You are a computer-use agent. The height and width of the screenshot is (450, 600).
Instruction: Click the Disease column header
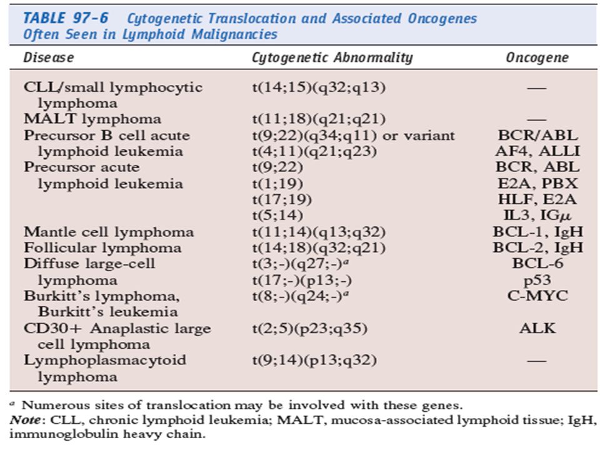[49, 57]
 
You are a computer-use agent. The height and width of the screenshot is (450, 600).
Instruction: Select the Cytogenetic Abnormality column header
[332, 57]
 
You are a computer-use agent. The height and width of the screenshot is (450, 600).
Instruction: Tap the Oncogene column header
[537, 57]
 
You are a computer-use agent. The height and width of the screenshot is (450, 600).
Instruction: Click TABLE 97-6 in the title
[66, 18]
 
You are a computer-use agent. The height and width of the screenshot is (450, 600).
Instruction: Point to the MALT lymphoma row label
[92, 119]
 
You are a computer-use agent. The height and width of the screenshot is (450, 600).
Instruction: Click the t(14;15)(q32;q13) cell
[319, 87]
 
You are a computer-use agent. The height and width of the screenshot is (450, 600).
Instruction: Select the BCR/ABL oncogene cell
[537, 135]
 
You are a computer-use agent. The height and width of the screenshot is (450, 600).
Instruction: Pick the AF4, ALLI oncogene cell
[537, 151]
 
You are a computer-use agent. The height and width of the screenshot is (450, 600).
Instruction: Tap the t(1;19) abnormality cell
[277, 184]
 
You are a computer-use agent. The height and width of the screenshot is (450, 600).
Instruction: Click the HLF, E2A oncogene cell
[537, 199]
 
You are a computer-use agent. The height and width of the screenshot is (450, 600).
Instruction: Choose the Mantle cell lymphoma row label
[109, 232]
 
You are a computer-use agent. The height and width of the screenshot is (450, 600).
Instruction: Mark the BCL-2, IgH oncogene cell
[537, 247]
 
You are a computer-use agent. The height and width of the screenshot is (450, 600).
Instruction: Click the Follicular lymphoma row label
[102, 247]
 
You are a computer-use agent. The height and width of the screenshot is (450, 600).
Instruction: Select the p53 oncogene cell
[537, 280]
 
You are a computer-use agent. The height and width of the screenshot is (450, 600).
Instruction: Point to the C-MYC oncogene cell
[537, 296]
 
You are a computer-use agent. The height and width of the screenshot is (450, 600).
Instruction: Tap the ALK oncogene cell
[537, 328]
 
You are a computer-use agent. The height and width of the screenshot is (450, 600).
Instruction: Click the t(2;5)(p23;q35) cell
[309, 328]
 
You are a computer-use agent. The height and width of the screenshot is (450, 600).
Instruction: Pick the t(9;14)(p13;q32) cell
[314, 360]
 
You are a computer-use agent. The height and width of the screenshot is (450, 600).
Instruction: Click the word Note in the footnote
[25, 420]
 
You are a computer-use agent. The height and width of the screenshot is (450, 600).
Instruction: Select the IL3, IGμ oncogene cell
[537, 216]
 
